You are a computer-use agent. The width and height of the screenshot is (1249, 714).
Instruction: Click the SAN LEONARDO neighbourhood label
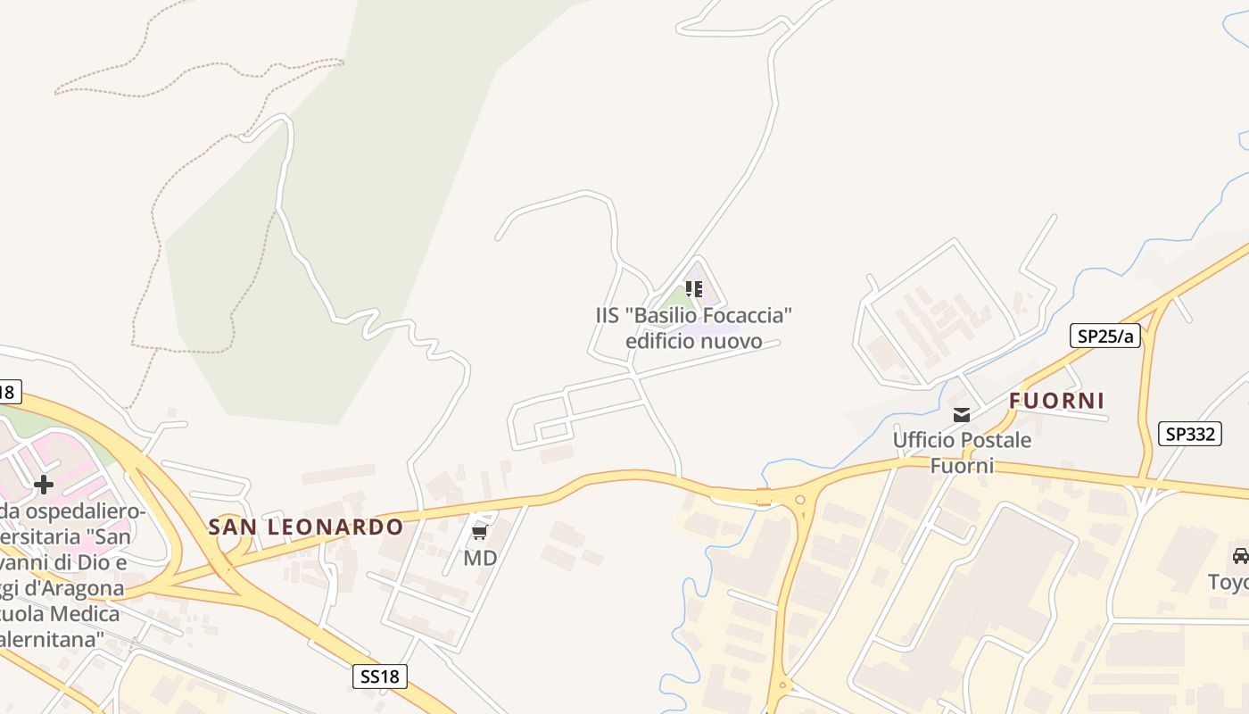coord(306,527)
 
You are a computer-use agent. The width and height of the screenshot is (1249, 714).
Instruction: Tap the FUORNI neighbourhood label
coord(1057,401)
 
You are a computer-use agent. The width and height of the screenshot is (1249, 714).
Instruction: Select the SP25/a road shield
coord(1105,336)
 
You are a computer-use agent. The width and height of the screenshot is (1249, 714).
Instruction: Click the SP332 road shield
coord(1190,434)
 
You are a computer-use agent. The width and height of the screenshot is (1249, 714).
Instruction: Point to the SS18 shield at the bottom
coord(380,677)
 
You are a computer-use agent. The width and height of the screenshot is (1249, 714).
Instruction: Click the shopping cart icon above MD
coord(479,533)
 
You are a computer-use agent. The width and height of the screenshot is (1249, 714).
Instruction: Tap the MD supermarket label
coord(480,559)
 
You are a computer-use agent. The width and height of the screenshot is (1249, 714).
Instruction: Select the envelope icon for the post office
coord(962,414)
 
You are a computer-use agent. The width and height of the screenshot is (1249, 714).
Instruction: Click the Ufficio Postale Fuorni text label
coord(962,452)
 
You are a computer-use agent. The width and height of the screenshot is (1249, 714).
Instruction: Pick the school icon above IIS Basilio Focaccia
coord(694,289)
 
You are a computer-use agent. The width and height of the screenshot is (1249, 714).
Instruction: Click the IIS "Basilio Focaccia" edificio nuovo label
coord(694,328)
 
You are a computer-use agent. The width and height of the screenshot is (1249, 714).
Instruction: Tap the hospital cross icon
coord(43,485)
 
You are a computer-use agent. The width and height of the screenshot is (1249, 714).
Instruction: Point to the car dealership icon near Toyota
coord(1240,555)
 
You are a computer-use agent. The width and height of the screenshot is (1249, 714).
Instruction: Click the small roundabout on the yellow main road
coord(799,501)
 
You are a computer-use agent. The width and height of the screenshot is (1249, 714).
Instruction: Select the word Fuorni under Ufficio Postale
coord(962,466)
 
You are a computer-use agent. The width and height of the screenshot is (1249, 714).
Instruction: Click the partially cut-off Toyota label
coord(1228,583)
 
